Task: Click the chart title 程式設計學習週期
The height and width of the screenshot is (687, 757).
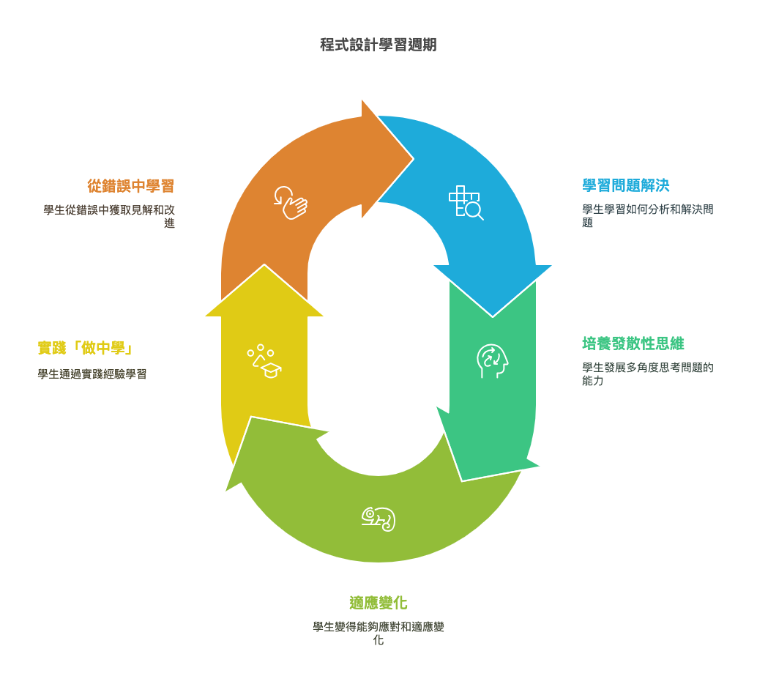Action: click(378, 45)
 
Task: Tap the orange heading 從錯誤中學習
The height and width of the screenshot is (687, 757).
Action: click(130, 186)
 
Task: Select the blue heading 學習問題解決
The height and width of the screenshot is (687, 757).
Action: click(626, 185)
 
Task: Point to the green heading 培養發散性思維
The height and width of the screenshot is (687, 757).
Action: click(633, 344)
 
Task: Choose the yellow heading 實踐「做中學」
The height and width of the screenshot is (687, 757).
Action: click(85, 348)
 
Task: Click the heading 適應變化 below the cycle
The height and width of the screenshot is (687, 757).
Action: click(378, 603)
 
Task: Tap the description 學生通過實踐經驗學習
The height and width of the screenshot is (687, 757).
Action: click(92, 374)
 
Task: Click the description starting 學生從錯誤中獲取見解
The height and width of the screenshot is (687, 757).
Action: click(109, 217)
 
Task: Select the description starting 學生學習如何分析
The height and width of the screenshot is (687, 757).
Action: click(647, 216)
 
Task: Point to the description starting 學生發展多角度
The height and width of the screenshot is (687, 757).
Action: click(647, 374)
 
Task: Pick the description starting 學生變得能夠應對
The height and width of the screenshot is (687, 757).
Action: click(378, 634)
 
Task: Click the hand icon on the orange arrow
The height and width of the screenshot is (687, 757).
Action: click(291, 203)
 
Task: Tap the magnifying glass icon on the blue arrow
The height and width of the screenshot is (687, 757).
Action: click(466, 202)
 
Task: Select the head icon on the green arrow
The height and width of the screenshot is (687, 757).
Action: click(493, 361)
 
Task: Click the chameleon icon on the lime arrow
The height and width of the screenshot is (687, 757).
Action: click(378, 519)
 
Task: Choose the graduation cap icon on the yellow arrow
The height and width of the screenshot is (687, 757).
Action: click(264, 361)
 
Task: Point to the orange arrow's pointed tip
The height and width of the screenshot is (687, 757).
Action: click(414, 158)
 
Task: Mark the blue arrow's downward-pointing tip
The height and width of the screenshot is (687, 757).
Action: click(493, 317)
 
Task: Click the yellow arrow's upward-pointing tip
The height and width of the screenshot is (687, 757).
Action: click(264, 264)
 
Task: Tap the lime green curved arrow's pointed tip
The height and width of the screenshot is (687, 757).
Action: click(226, 491)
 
